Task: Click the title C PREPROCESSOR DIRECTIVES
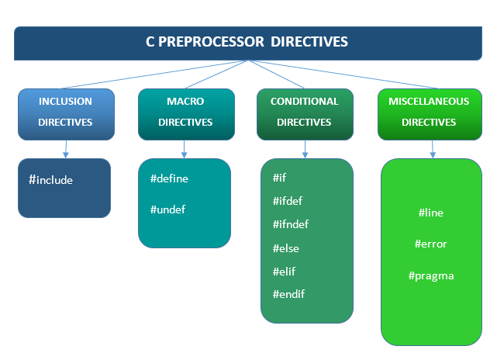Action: coord(247,42)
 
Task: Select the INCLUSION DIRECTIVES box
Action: coord(66,112)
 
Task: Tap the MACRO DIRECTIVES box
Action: coord(185,112)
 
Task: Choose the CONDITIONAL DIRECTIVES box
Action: coord(305,112)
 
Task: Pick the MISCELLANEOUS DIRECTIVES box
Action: coord(429,112)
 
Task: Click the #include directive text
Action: coord(50,180)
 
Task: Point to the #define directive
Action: coord(169,178)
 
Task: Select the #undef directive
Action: coord(167,209)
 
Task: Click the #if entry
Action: coord(280,178)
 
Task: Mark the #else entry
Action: coord(285,248)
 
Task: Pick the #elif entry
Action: coord(284,272)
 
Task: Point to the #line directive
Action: coord(430,213)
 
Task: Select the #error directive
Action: coord(430,244)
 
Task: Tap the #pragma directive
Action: coord(430,275)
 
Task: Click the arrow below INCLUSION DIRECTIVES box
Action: coord(65,148)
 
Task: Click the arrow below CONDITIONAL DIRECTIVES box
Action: coord(305,148)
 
